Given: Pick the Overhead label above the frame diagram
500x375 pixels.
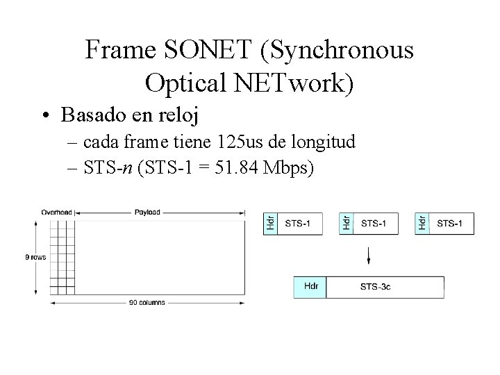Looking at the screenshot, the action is tap(57, 212).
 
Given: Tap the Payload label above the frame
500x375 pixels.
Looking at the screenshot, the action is tap(147, 212).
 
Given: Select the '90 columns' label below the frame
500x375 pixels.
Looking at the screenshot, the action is tap(147, 302).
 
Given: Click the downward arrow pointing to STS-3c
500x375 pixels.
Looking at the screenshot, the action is tap(369, 255).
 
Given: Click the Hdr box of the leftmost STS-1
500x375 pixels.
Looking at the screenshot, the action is tap(270, 223).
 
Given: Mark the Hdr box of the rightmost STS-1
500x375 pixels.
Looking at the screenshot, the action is tap(422, 223).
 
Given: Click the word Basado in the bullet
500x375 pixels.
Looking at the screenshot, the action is tap(93, 113).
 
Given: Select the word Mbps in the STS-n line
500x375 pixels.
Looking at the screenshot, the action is tap(291, 169).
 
